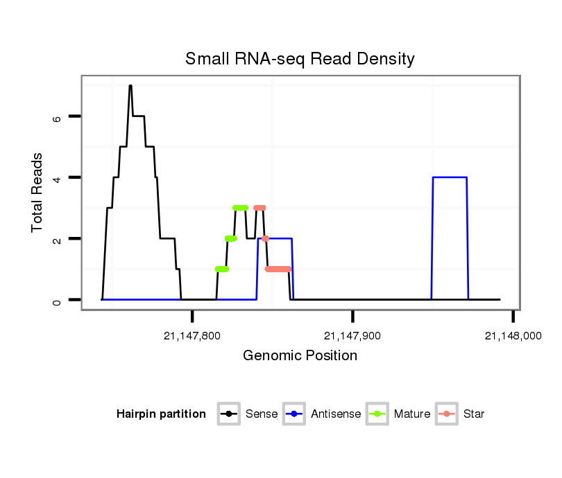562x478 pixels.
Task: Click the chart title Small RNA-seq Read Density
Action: pos(300,59)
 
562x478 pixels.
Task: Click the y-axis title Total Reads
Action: pos(38,193)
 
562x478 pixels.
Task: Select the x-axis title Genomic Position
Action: pos(300,356)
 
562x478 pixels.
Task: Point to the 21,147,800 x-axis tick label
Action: pos(192,336)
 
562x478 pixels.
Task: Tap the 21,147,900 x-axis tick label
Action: pos(352,336)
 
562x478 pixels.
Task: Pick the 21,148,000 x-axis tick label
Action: pos(513,336)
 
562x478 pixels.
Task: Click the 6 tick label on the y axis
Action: pos(58,117)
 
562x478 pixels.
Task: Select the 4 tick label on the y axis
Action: pos(58,178)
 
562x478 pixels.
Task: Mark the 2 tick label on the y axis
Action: pos(58,239)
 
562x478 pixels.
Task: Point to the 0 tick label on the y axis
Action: pos(58,300)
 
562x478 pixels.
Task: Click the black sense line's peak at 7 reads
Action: pos(130,86)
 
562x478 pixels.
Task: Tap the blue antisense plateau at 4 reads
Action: pos(450,177)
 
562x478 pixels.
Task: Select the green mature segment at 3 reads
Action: pos(240,208)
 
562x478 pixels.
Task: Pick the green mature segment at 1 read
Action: pos(222,269)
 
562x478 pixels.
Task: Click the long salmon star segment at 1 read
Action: pos(278,269)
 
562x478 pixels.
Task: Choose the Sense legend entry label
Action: pos(262,414)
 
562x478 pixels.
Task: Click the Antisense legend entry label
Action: pos(336,414)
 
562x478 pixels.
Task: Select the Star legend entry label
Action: pos(474,414)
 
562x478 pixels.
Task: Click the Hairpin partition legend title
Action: pos(161,414)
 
